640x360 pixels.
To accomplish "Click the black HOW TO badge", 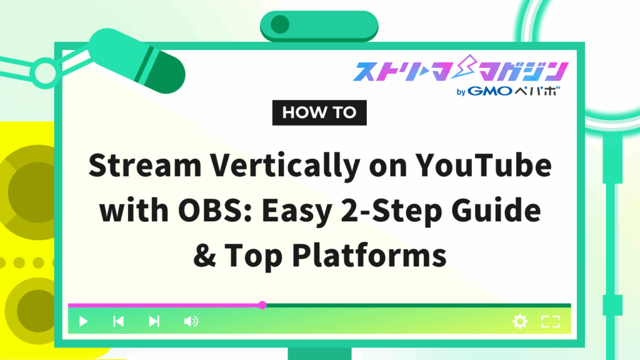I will (x=319, y=112).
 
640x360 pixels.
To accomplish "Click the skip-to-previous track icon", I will (x=118, y=321).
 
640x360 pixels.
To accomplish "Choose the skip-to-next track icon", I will (x=154, y=321).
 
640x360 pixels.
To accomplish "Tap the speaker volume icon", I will (x=191, y=321).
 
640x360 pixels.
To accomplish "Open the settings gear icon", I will (x=520, y=321).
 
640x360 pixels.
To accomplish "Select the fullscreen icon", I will (x=550, y=321).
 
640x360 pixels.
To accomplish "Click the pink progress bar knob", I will (x=262, y=305).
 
